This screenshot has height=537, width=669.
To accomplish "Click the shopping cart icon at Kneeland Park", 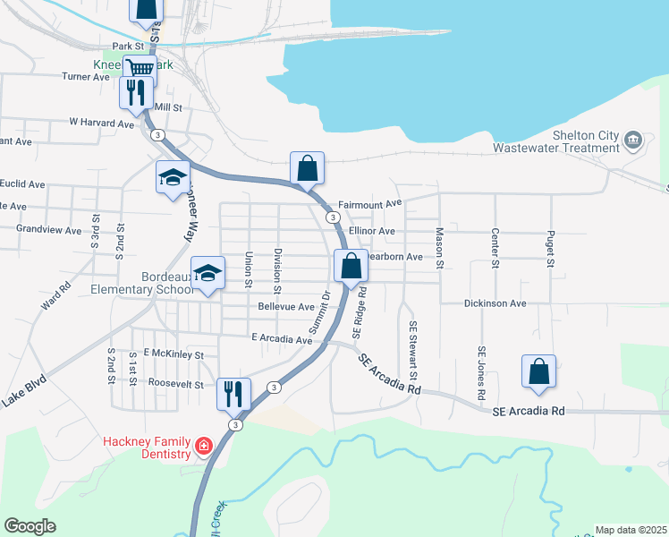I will pyautogui.click(x=140, y=68).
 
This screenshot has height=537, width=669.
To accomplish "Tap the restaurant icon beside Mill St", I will pyautogui.click(x=136, y=91).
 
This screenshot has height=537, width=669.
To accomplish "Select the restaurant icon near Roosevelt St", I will pyautogui.click(x=233, y=391).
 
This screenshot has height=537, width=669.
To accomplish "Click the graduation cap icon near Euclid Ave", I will pyautogui.click(x=173, y=176).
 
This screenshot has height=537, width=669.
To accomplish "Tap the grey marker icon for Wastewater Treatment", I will pyautogui.click(x=633, y=139).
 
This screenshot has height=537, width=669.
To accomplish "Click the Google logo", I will pyautogui.click(x=30, y=526).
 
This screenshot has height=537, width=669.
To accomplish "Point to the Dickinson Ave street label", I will pyautogui.click(x=495, y=303).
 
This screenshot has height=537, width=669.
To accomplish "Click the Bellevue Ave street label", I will pyautogui.click(x=285, y=306).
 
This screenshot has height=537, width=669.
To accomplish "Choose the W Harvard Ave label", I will pyautogui.click(x=100, y=122).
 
